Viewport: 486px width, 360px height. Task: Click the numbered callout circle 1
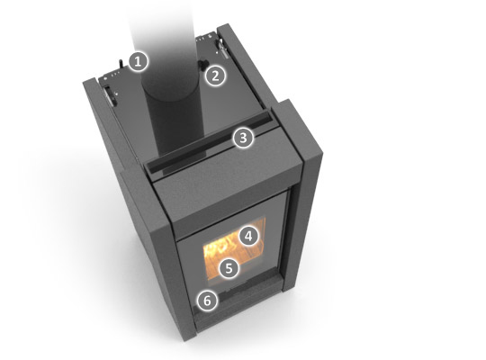139,62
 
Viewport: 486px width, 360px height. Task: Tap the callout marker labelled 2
216,76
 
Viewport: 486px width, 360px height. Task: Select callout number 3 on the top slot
243,138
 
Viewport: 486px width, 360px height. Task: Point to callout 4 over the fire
248,237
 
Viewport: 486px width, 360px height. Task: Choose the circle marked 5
229,268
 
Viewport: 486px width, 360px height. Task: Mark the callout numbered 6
208,301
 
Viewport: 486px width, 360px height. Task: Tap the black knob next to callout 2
203,65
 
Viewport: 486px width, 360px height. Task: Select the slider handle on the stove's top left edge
110,95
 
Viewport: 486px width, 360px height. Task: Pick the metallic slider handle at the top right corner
223,48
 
